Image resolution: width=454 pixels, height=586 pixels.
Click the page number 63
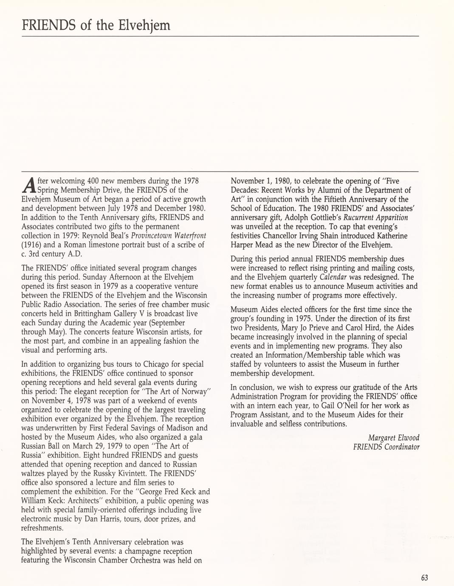click(424, 578)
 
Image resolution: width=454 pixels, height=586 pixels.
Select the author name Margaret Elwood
click(393, 438)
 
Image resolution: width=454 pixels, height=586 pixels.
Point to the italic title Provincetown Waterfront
click(169, 236)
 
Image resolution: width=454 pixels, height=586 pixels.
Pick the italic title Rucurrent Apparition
click(375, 217)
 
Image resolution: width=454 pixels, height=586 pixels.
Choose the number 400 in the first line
click(92, 180)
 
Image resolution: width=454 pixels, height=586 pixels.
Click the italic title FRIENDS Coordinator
click(386, 447)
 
